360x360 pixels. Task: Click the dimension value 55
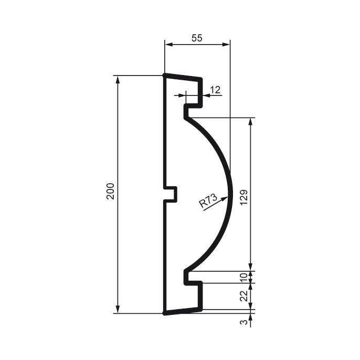[197, 38]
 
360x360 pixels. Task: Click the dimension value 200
[110, 192]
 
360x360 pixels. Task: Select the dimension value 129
[243, 195]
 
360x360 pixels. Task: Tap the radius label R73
[208, 201]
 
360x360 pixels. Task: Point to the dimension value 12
[215, 89]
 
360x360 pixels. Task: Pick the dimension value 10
[243, 277]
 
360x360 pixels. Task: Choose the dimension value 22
[243, 296]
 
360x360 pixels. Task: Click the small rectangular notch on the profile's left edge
[172, 194]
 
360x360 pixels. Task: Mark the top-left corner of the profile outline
[165, 76]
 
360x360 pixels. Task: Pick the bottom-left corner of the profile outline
[165, 313]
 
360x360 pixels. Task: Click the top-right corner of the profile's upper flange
[201, 80]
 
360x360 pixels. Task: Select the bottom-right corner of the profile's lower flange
[201, 309]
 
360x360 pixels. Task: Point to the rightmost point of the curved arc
[230, 195]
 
